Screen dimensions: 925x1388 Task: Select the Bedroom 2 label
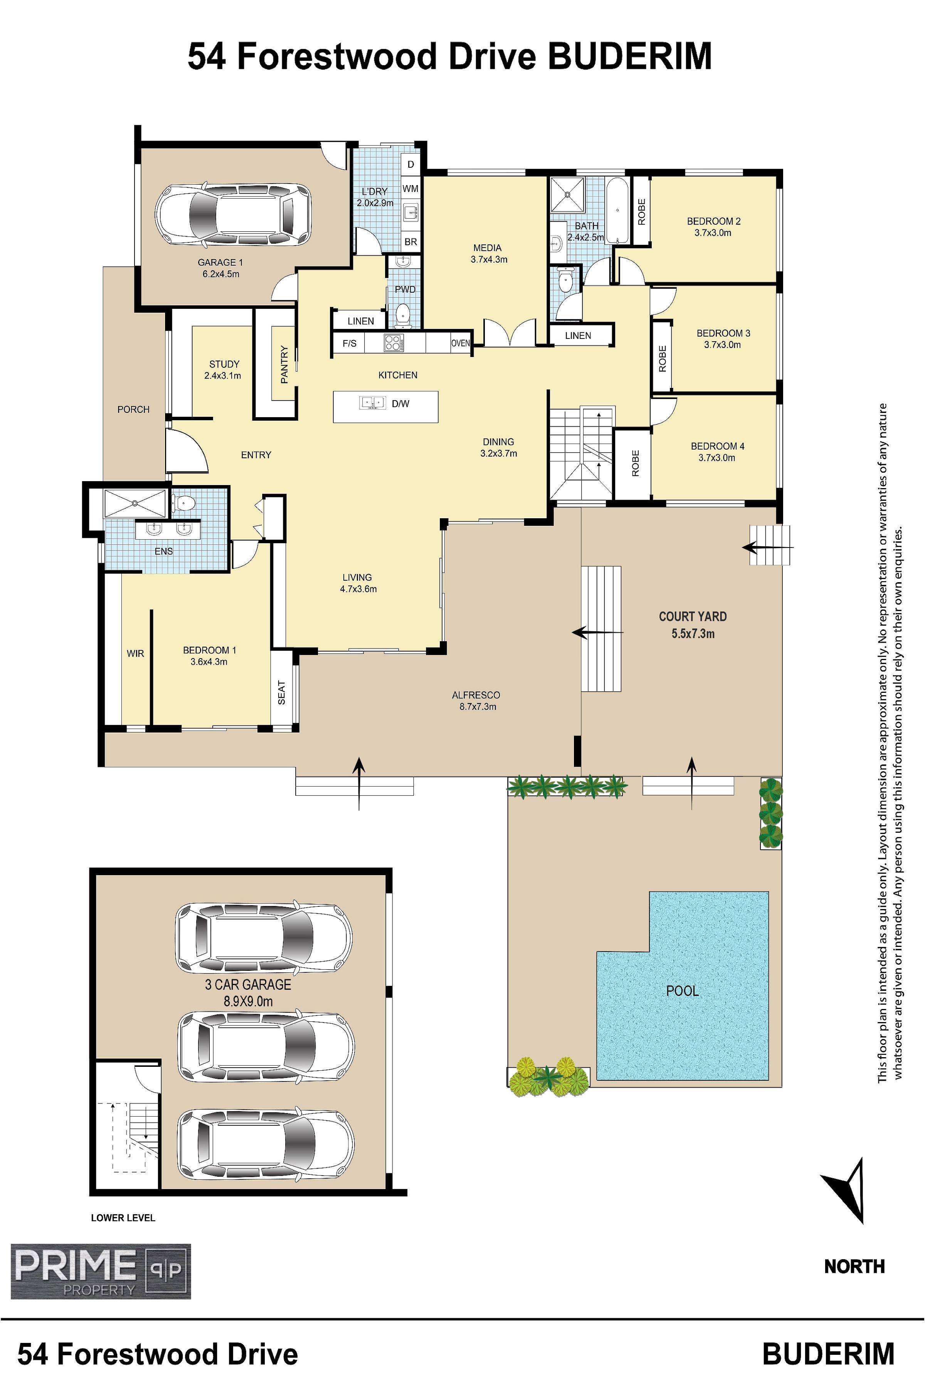coord(713,221)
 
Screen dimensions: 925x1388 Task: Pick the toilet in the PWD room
coord(404,315)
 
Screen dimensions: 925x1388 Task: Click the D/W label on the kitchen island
coord(400,404)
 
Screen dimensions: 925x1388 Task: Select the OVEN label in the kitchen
coord(461,343)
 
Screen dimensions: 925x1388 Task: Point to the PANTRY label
coord(284,365)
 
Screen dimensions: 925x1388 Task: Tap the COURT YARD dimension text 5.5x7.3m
coord(693,634)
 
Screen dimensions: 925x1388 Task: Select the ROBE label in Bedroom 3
coord(662,358)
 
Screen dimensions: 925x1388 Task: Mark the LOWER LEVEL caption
coord(123,1218)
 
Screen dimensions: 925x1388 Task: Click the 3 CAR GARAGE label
coord(248,984)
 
